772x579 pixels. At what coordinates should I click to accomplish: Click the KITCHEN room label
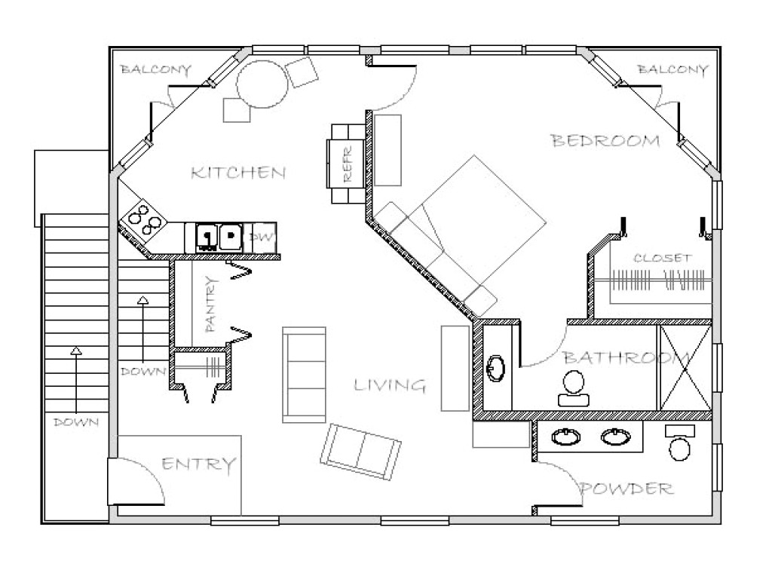pos(238,173)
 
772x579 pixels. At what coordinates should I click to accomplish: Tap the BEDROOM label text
pos(605,141)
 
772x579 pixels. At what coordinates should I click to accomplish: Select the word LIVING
pos(390,386)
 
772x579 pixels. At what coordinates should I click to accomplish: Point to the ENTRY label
pos(199,464)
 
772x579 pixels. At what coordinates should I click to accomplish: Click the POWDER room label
pos(626,489)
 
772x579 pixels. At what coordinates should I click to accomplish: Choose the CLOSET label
pos(662,258)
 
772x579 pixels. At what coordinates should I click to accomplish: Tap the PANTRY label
pos(212,305)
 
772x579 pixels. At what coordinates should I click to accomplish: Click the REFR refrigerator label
pos(348,170)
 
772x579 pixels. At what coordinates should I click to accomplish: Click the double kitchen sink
pos(219,237)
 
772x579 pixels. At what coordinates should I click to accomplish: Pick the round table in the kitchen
pos(262,84)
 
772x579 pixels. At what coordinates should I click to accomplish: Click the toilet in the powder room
pos(681,446)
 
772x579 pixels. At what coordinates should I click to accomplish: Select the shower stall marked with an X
pos(685,367)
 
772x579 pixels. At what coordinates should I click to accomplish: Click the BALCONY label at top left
pos(156,70)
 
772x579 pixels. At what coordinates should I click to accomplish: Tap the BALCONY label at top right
pos(672,70)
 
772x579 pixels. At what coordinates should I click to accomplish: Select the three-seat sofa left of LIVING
pos(304,374)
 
